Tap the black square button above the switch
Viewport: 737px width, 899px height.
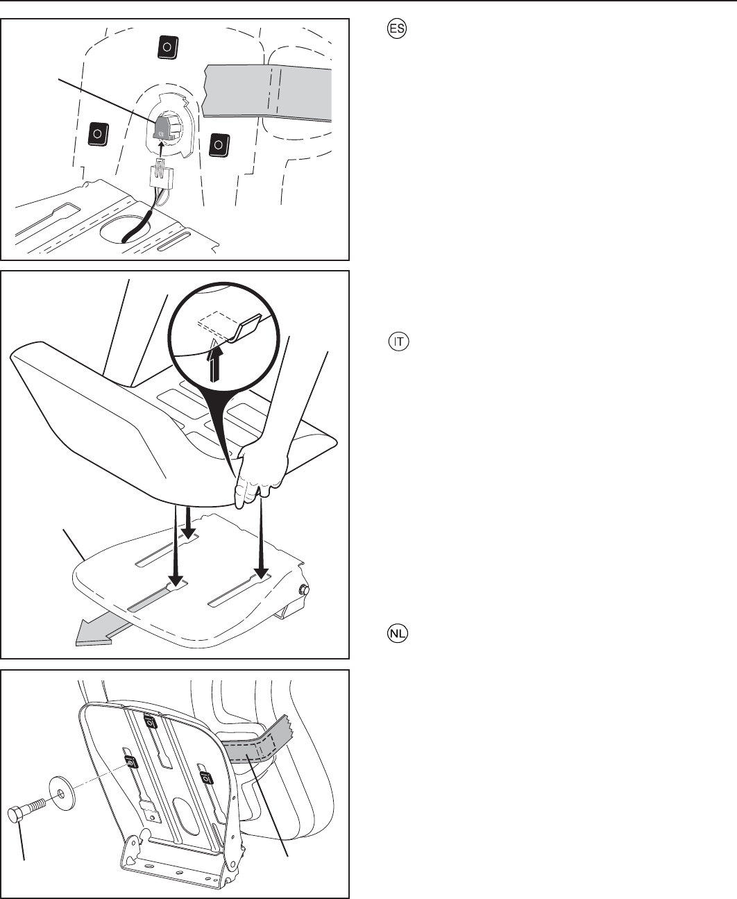(x=168, y=48)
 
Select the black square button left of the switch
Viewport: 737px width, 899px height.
(x=98, y=133)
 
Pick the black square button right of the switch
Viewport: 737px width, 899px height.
(x=219, y=144)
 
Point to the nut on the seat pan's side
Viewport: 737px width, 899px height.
(x=303, y=590)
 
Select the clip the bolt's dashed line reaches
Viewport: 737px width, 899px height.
(x=130, y=762)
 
